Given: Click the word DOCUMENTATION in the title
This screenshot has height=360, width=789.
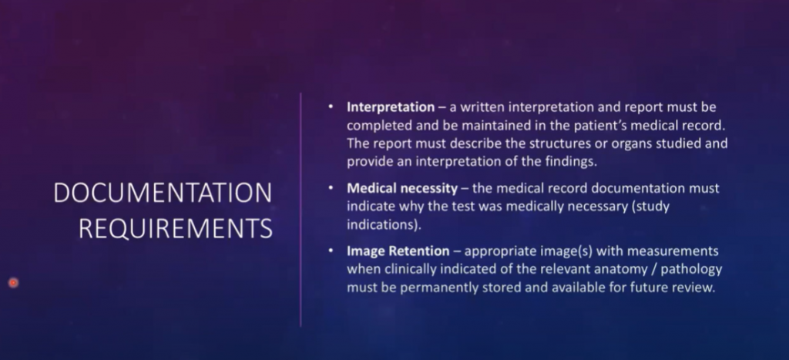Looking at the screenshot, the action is (163, 193).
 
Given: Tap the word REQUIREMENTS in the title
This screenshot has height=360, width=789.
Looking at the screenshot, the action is (176, 229).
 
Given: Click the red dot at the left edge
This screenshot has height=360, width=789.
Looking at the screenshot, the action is (14, 283).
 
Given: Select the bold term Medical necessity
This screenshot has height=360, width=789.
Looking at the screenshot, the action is (402, 189).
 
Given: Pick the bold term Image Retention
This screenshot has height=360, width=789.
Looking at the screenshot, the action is (398, 251).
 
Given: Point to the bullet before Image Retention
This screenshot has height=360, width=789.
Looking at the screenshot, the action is (331, 251).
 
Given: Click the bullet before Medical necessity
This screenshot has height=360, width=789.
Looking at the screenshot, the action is (331, 188).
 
